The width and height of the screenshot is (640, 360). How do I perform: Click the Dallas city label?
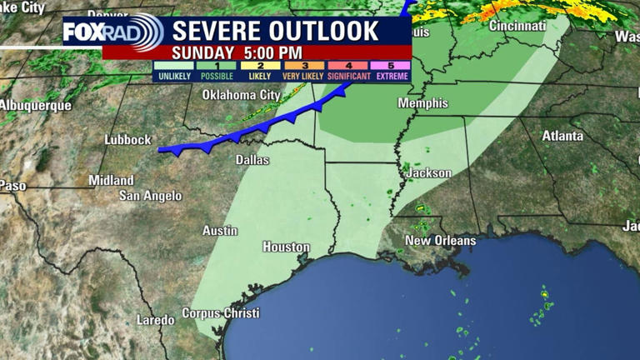point(252,159)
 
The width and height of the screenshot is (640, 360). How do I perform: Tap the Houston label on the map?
point(286,247)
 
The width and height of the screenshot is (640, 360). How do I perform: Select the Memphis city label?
point(417,103)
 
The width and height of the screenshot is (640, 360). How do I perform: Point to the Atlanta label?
point(562,135)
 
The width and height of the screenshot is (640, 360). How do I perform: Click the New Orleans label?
point(440,241)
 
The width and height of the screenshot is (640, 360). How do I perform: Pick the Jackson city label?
point(429,173)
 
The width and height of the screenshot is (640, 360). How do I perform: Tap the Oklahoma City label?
point(242,95)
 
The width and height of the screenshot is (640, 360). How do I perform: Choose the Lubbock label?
point(127,140)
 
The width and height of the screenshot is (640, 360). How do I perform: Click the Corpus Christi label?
point(220,313)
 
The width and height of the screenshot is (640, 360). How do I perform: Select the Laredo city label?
point(156,320)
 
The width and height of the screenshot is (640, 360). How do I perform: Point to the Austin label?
point(220,230)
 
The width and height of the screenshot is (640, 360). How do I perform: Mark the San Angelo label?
point(150,196)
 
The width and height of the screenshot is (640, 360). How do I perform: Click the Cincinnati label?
point(517,26)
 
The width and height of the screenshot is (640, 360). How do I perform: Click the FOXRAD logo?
point(113,33)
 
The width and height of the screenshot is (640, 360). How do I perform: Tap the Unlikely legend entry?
point(172,70)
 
